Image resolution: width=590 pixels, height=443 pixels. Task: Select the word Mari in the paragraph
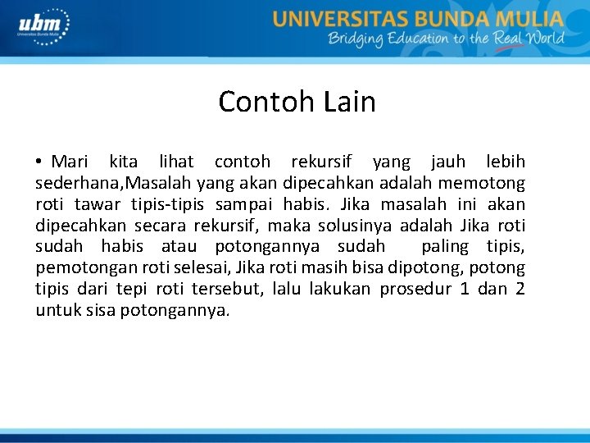69,162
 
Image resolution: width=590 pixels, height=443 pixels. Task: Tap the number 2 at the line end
520,289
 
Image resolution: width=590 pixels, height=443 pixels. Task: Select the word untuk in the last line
55,310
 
